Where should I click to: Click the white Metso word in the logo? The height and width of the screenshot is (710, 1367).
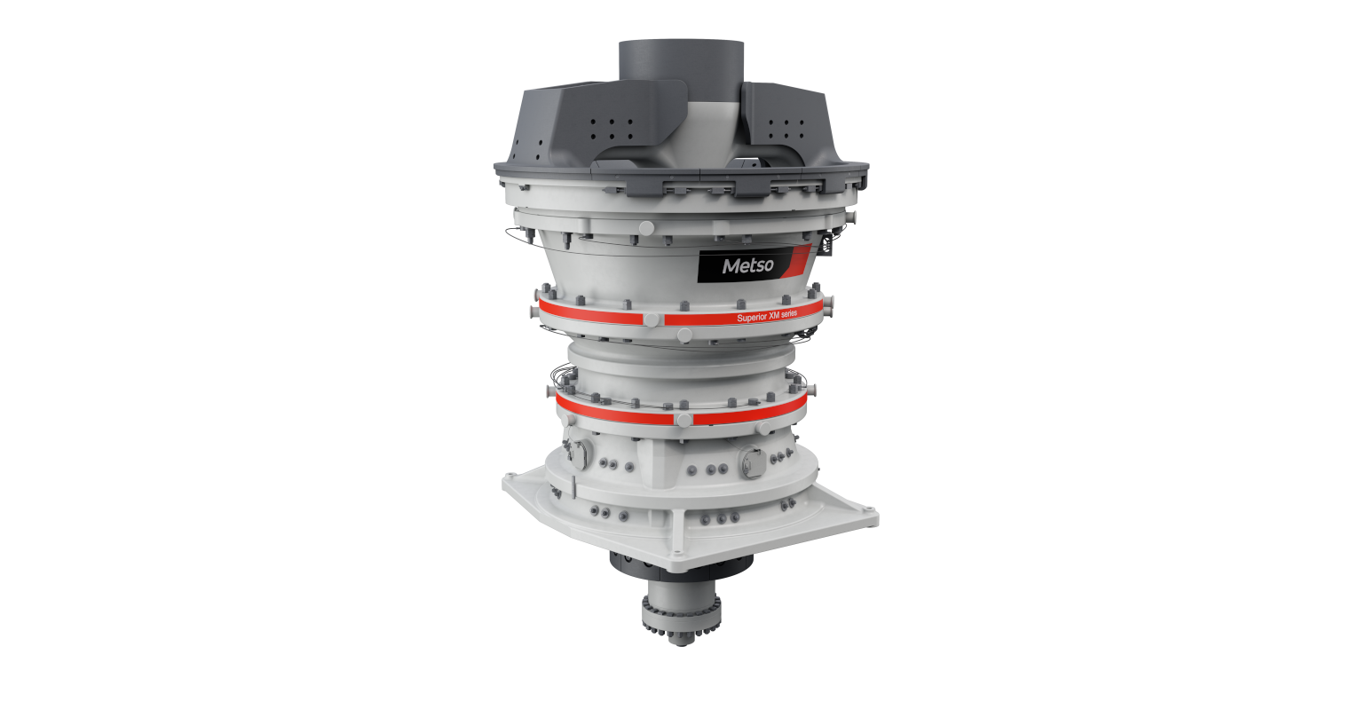pos(747,265)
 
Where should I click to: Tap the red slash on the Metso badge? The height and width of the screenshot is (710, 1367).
pos(799,259)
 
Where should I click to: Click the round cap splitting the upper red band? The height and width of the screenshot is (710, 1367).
pos(652,319)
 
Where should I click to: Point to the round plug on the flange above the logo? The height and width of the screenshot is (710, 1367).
pos(645,228)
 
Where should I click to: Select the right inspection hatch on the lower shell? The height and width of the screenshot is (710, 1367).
pos(751,459)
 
